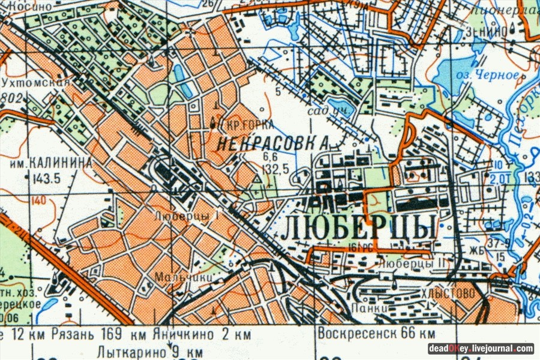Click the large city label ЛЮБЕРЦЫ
359,227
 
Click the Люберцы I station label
185,214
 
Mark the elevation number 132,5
277,169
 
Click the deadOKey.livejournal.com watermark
481,348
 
